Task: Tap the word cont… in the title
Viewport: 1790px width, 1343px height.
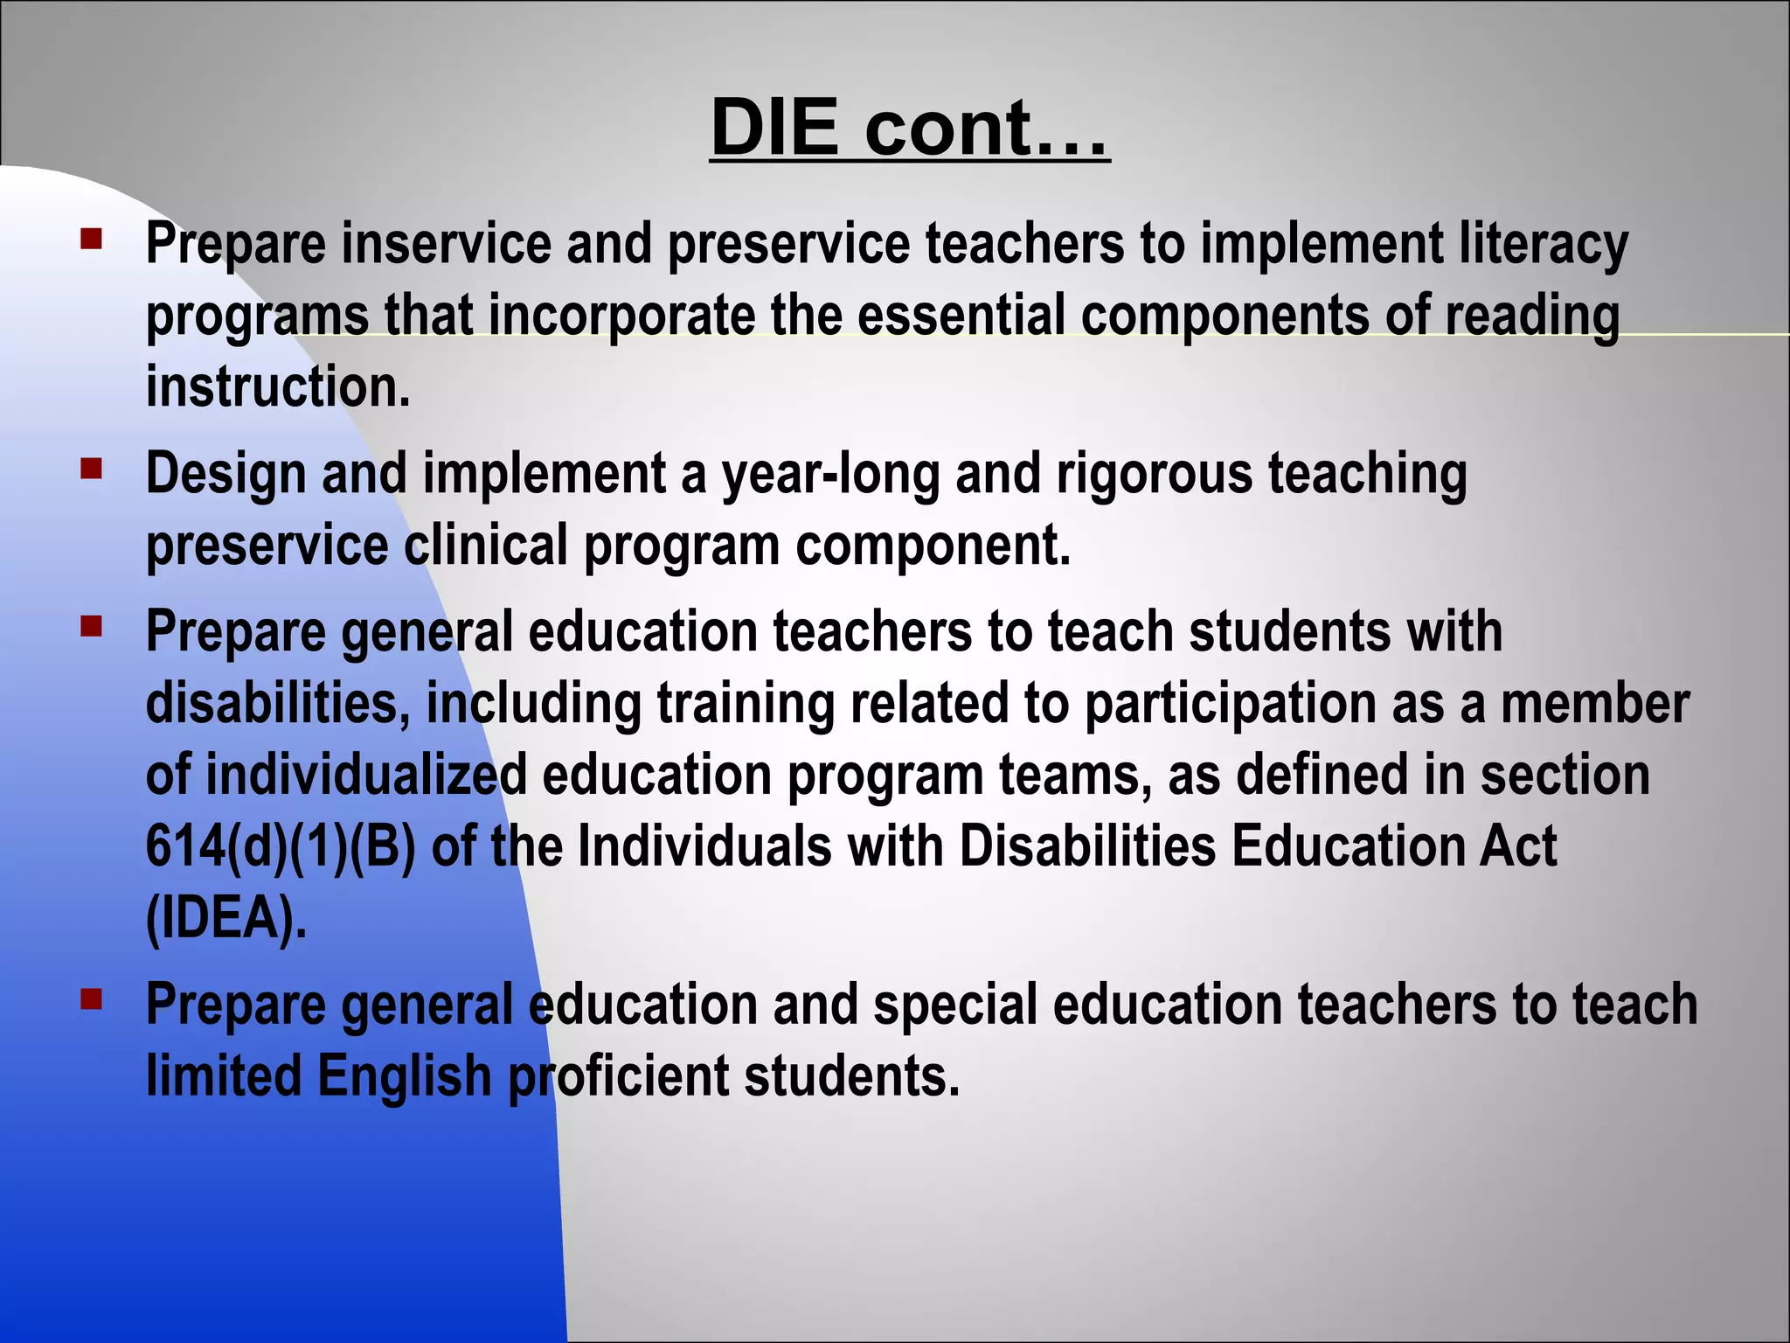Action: click(987, 128)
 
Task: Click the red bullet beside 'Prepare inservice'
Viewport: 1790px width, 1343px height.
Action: click(91, 238)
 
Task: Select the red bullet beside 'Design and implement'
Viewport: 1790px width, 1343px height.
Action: click(91, 469)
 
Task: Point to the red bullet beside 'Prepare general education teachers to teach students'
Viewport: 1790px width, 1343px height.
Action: click(91, 626)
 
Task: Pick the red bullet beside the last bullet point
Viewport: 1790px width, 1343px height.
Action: click(91, 999)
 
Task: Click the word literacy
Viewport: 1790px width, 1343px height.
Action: click(1544, 245)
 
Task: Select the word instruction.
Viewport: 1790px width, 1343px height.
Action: click(278, 386)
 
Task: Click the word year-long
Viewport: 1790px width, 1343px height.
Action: click(829, 476)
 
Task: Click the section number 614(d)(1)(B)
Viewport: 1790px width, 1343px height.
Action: click(281, 847)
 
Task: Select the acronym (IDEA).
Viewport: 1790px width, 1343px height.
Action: click(226, 919)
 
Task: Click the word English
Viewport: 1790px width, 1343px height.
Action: click(405, 1076)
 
